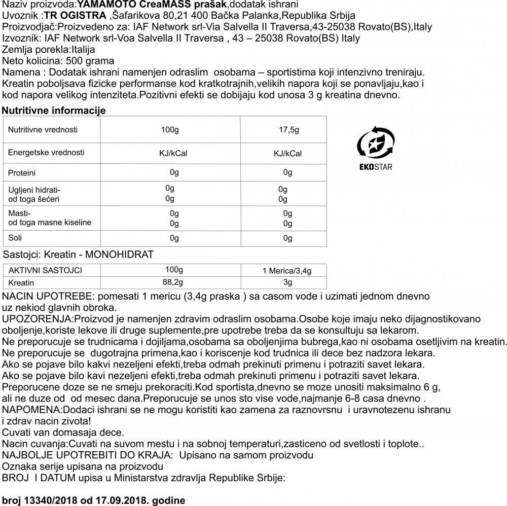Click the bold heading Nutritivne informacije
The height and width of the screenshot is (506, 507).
coord(54,111)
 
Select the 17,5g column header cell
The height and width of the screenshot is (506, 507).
coord(287,130)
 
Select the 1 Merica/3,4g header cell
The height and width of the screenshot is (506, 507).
coord(286,271)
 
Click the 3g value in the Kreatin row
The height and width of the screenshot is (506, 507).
coord(287,282)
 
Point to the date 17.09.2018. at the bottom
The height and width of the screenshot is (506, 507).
coord(132,500)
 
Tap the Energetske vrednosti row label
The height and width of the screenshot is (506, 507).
coord(46,152)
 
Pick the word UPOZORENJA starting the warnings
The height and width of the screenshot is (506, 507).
coord(38,319)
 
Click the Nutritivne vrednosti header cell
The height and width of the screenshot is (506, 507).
coord(43,130)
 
